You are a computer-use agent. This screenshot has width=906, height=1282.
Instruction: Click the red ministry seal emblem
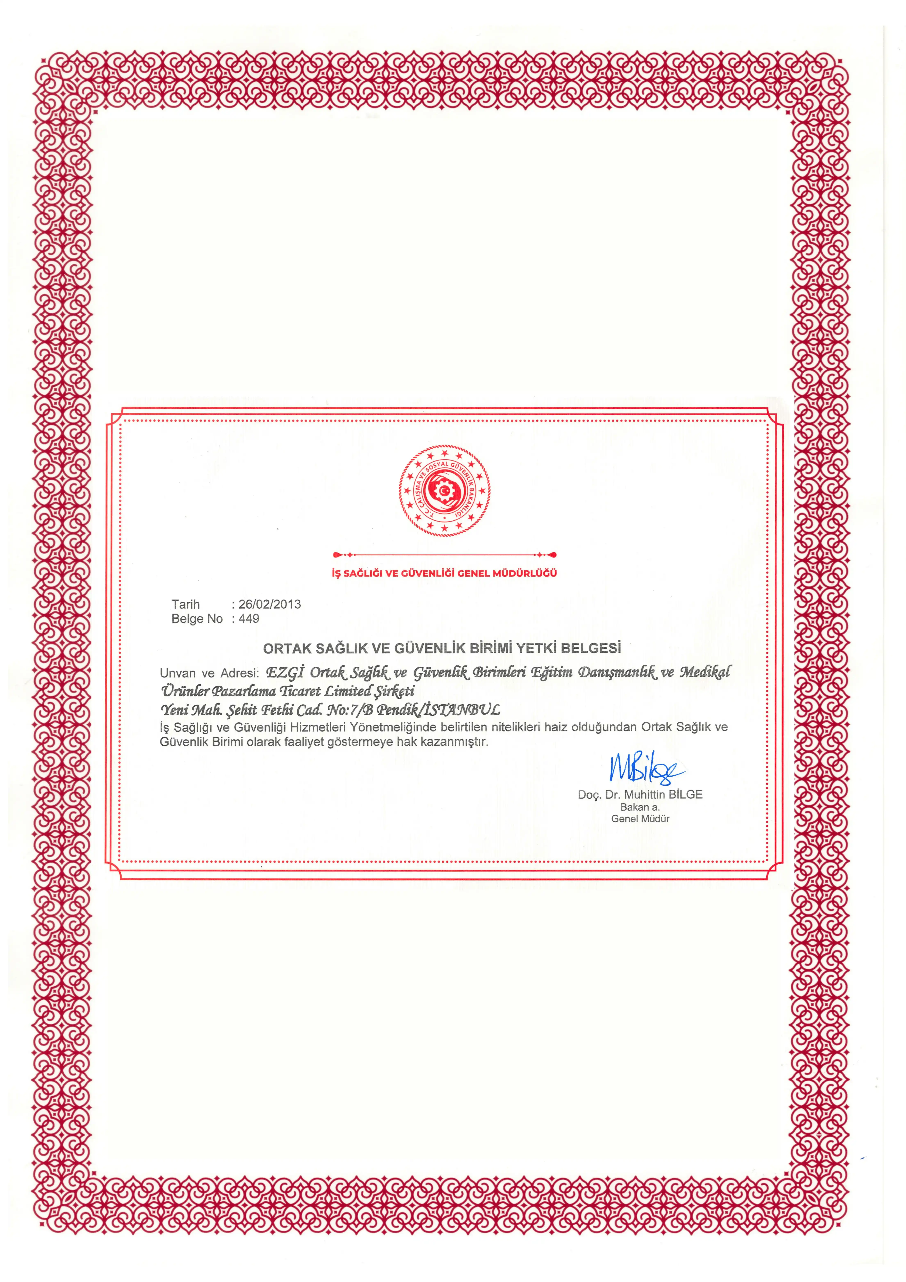pos(444,490)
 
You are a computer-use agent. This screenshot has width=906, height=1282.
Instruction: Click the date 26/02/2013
pos(270,604)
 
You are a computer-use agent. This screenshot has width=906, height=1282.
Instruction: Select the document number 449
pos(249,619)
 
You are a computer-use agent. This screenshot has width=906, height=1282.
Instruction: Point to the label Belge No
pos(197,619)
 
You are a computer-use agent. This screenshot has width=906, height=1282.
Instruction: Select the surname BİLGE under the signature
pos(686,795)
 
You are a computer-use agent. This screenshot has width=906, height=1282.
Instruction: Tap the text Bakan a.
pos(640,807)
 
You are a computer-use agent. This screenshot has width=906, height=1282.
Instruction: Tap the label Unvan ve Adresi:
pos(209,673)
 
